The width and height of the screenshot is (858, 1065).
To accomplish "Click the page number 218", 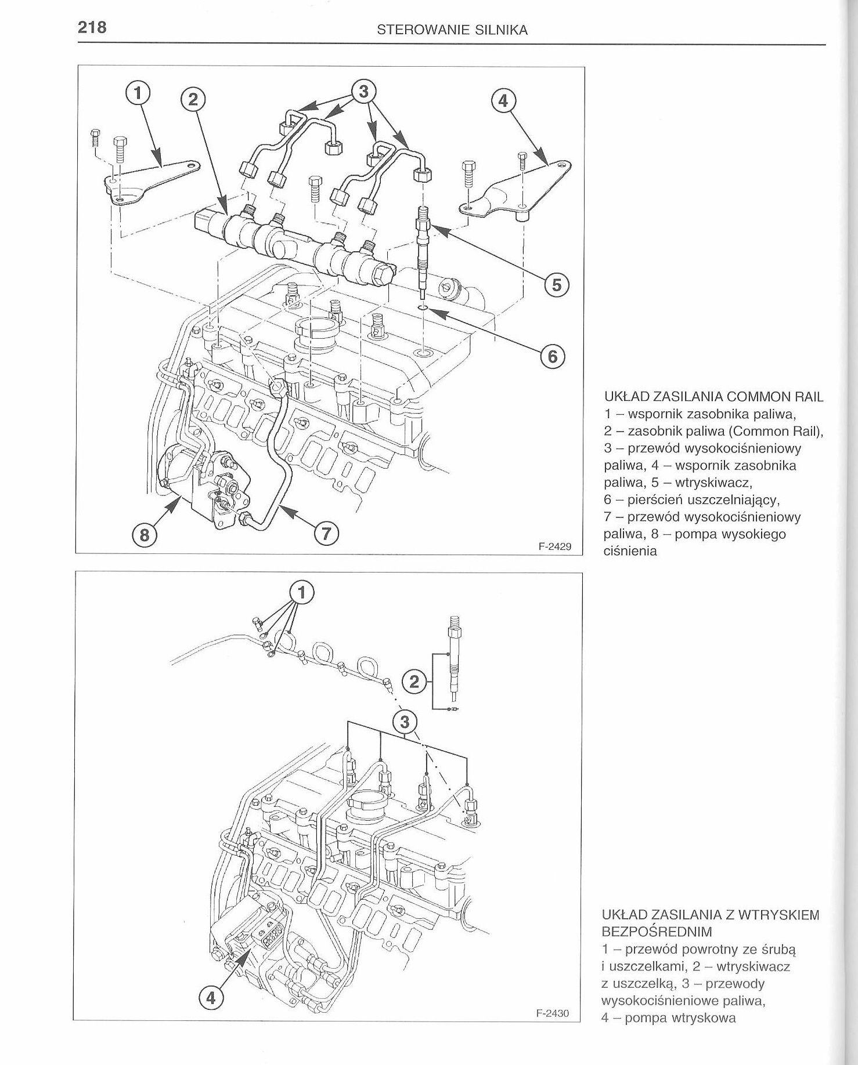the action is click(92, 27).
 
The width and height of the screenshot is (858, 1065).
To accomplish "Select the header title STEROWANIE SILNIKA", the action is click(452, 31).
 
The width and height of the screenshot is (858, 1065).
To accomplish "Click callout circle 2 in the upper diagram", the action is click(193, 100).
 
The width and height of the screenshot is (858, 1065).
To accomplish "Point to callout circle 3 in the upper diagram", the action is click(363, 92).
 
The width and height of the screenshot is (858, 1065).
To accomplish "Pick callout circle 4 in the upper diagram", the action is click(503, 101).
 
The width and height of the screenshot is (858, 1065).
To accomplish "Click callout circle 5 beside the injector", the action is click(557, 285).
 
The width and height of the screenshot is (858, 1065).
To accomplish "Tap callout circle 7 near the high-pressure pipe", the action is click(326, 534).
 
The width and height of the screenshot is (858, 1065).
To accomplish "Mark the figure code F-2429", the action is click(555, 546).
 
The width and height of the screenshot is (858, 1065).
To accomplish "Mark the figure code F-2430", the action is click(552, 1013).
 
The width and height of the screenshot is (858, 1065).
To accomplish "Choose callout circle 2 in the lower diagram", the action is click(413, 682).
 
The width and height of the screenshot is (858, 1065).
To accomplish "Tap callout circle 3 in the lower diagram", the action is click(405, 722).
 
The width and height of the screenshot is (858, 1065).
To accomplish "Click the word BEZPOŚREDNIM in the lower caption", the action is click(657, 931).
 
